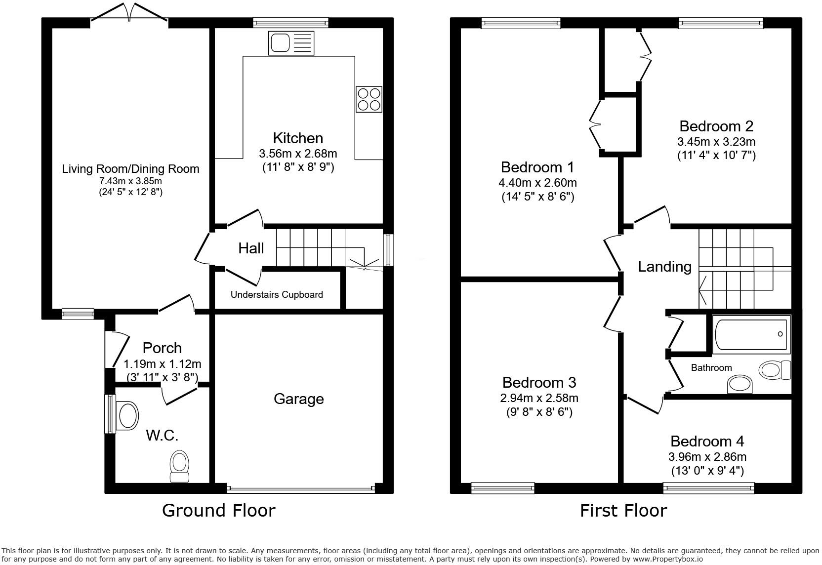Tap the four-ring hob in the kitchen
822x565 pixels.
coord(369,99)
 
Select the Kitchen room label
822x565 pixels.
coord(298,138)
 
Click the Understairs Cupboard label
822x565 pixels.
coord(277,295)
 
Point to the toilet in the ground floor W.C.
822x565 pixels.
coord(179,466)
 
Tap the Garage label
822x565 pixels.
coord(298,399)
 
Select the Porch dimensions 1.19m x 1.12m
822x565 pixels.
coord(162,364)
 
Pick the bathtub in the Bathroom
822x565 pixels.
coord(751,334)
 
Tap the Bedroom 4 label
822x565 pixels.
coord(707,441)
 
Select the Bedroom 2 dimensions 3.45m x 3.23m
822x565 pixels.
coord(716,142)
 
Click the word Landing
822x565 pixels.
coord(664,267)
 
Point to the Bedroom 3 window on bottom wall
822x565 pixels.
coord(502,488)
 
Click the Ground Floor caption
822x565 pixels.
coord(218,510)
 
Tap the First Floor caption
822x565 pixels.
coord(623,510)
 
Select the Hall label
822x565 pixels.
coord(251,248)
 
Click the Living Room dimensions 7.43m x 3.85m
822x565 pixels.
coord(130,181)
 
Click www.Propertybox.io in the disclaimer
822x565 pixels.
coord(667,559)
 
